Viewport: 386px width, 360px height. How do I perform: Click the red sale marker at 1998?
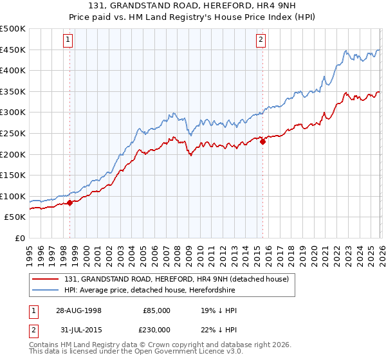click(x=70, y=203)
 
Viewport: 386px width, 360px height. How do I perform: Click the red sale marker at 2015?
click(x=262, y=142)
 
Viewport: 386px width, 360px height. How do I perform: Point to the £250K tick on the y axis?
click(x=13, y=133)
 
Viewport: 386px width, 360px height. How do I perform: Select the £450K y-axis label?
click(x=13, y=50)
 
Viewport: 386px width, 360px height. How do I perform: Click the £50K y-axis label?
click(x=15, y=217)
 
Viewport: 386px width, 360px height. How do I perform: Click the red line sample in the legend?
click(x=46, y=279)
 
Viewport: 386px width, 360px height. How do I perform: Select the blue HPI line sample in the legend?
click(x=46, y=290)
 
